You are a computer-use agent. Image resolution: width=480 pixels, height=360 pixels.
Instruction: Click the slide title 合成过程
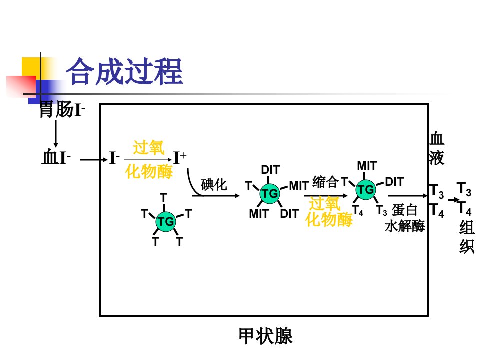(125, 72)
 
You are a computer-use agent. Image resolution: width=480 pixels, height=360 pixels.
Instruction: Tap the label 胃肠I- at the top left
(62, 109)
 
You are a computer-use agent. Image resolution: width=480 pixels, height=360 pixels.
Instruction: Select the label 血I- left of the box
(56, 157)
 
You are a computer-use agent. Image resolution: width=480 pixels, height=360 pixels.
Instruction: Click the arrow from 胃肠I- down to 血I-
(55, 134)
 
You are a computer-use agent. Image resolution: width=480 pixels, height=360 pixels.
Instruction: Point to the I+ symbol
(180, 158)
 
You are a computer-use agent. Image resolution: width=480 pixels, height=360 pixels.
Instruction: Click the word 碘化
(214, 185)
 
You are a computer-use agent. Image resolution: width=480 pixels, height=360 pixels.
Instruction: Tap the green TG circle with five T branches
(165, 221)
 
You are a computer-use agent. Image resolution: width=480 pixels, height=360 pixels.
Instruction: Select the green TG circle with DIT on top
(269, 194)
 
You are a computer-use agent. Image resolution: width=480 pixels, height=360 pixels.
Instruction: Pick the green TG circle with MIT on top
(366, 190)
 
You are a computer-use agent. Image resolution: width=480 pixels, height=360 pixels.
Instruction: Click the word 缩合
(325, 182)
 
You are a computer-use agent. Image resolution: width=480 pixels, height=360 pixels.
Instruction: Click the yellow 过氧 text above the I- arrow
(149, 148)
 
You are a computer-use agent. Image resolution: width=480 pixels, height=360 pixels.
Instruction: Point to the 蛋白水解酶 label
(404, 218)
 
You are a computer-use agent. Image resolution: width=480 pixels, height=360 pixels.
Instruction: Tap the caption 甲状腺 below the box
(265, 336)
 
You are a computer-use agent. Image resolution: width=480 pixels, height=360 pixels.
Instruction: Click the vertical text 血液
(437, 148)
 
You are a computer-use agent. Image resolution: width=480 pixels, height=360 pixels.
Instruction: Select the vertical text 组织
(467, 237)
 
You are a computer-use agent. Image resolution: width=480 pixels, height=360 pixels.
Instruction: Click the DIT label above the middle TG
(270, 170)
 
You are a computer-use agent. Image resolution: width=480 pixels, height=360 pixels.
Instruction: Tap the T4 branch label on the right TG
(358, 210)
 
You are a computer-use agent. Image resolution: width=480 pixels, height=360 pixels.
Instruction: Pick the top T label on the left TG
(164, 198)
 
